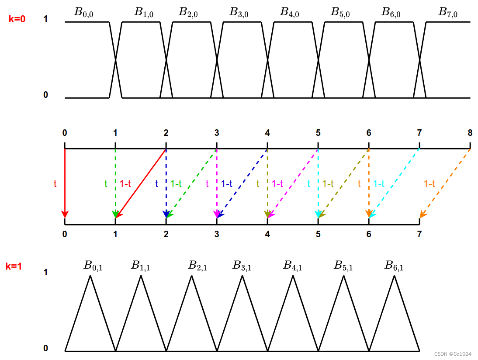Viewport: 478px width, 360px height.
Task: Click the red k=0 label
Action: (17, 19)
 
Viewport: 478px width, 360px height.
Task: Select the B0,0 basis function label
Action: (84, 12)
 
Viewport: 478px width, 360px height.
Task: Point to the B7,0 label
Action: (448, 12)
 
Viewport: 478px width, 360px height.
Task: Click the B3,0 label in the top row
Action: (239, 12)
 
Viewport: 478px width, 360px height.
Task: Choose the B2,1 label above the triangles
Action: (197, 265)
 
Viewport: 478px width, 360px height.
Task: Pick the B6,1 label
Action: (394, 265)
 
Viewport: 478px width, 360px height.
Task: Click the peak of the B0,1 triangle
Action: (90, 277)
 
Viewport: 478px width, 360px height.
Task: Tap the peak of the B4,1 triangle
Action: (293, 277)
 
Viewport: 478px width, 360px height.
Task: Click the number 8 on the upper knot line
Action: (470, 133)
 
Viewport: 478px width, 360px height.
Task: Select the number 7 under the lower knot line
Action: (419, 234)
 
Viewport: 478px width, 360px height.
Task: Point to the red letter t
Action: (55, 184)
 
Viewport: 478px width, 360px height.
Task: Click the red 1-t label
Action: (125, 184)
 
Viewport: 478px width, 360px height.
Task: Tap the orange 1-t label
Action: (430, 184)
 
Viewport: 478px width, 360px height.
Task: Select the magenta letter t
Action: (207, 184)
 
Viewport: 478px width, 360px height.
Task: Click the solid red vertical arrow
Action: (65, 183)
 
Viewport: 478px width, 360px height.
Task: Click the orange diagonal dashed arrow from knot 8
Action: (446, 182)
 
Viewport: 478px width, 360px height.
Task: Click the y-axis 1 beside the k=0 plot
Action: (45, 19)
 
